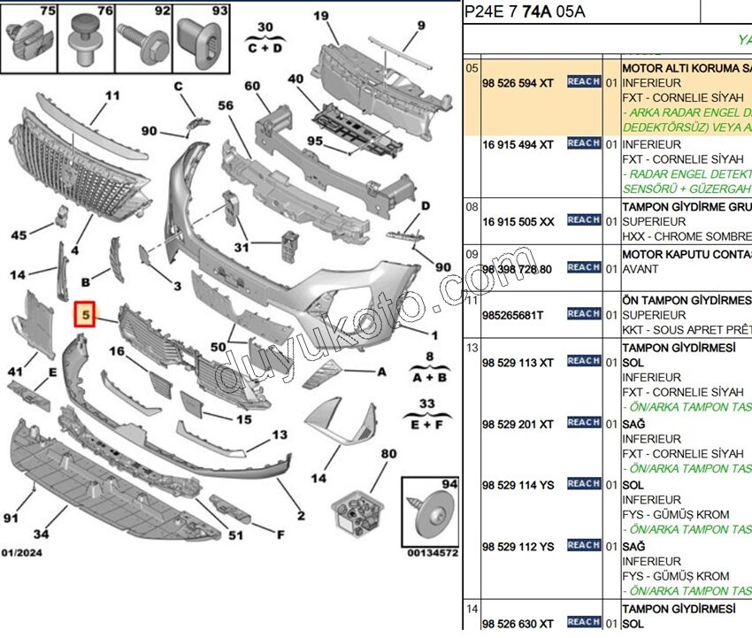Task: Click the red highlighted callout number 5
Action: pos(85,313)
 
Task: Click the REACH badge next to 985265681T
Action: pos(583,313)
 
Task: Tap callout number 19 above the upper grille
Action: pos(320,16)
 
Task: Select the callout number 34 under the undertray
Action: pos(41,534)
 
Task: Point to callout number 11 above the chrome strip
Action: pos(111,96)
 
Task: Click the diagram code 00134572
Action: pos(432,553)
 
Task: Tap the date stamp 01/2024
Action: pos(21,553)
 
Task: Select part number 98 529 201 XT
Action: pos(518,424)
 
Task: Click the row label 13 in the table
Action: pos(472,348)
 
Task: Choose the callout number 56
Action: pos(226,105)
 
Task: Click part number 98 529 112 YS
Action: pos(518,546)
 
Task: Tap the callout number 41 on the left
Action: pos(16,371)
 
